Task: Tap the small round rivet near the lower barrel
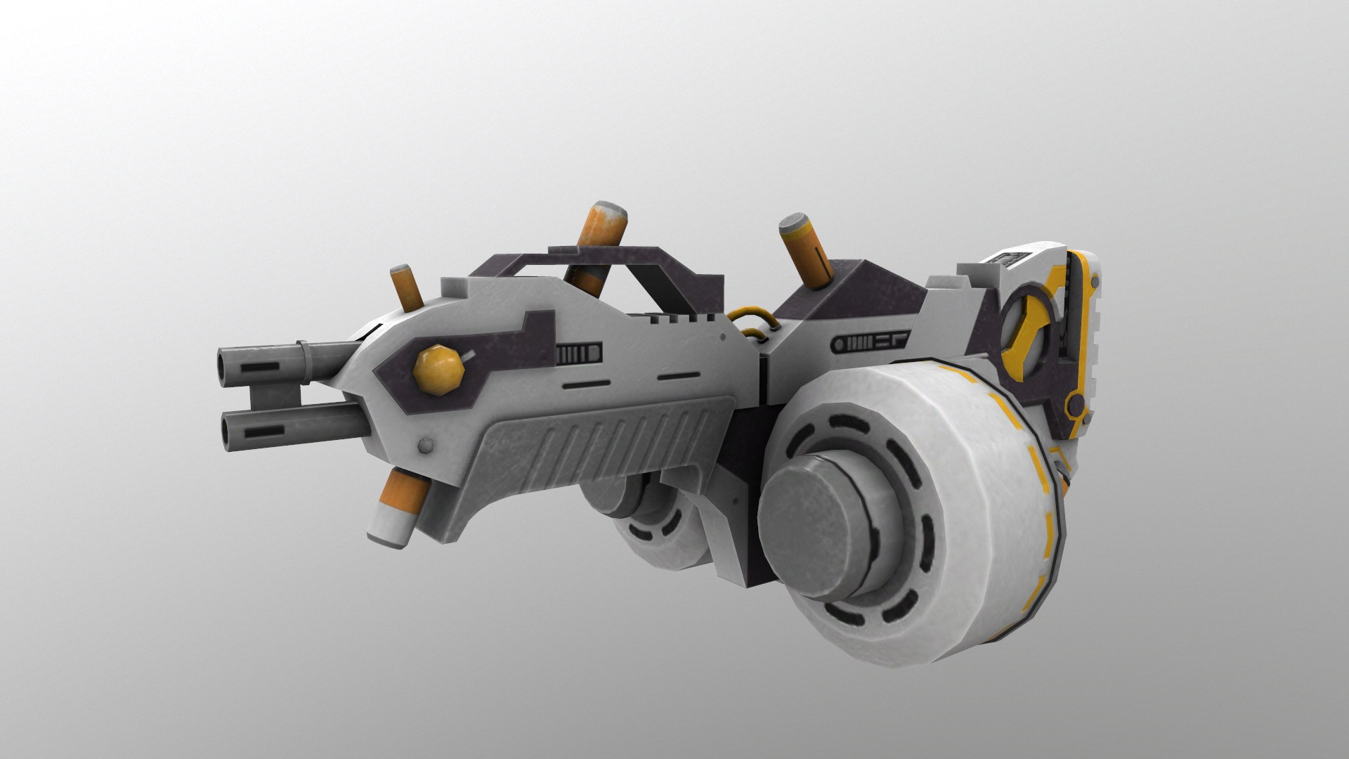pos(424,446)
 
